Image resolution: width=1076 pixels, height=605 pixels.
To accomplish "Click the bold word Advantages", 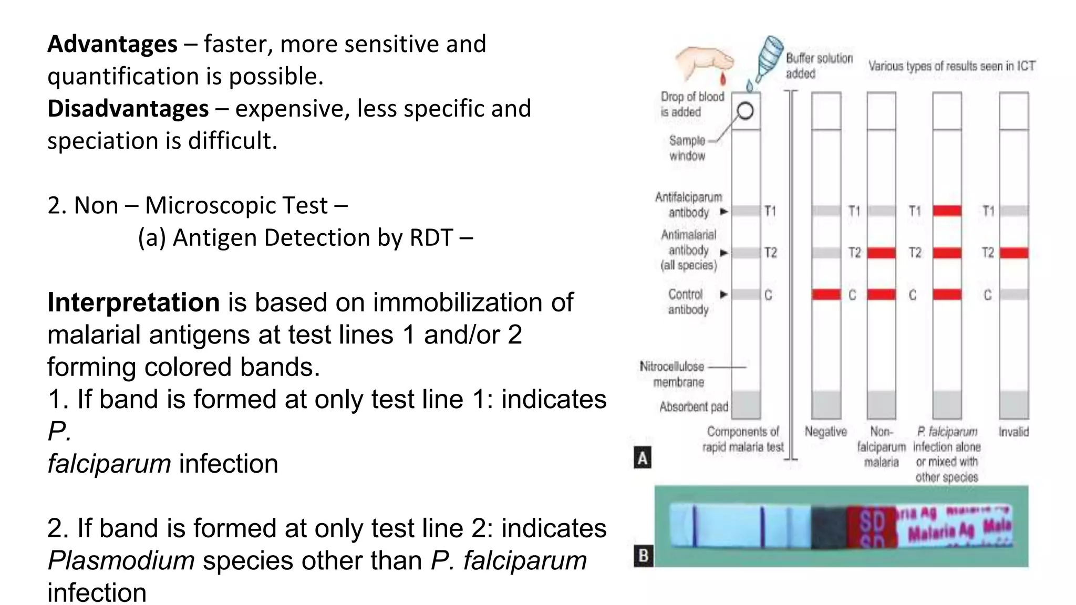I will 112,44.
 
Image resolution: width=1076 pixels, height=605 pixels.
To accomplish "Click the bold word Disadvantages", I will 128,109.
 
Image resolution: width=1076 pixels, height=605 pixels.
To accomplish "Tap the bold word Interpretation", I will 133,303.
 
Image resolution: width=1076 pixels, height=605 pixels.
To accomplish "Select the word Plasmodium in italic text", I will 121,561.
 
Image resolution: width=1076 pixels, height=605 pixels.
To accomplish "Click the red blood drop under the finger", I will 723,79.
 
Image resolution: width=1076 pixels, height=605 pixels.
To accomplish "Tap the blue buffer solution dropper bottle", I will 768,57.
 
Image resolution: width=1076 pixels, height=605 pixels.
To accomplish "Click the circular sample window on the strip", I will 745,111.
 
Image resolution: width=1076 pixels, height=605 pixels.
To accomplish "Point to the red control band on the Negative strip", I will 826,294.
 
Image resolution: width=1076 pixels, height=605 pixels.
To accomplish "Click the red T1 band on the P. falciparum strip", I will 947,211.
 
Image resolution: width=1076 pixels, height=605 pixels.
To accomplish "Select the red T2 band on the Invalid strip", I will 1013,253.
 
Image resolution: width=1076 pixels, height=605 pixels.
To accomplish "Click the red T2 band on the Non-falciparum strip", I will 881,253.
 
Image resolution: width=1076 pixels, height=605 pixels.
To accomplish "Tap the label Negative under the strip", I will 825,432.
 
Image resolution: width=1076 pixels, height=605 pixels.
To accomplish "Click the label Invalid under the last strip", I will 1013,432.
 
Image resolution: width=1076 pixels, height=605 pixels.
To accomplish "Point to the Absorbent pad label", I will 694,407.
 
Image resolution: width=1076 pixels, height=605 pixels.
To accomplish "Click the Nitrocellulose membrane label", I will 672,374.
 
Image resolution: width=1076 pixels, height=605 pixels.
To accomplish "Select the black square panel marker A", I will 643,458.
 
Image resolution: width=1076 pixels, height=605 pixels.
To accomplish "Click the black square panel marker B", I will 643,556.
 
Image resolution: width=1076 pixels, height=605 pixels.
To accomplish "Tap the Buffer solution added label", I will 819,66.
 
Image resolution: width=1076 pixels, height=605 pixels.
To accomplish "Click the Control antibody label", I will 687,302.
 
